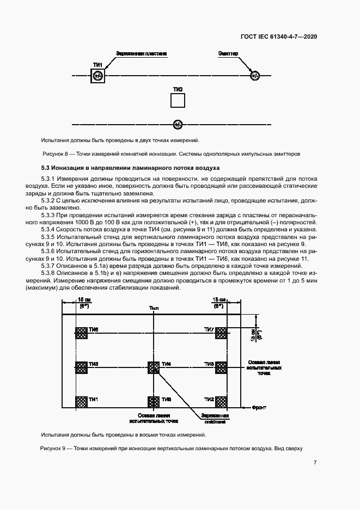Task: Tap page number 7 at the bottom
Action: [x=315, y=463]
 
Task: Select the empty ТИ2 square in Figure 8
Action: [x=178, y=101]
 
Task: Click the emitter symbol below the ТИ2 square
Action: [x=178, y=125]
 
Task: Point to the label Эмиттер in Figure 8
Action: [x=228, y=53]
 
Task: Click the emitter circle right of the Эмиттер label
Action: [x=254, y=76]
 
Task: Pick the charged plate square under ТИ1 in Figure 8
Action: [x=98, y=76]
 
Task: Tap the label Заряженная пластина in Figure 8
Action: [x=141, y=53]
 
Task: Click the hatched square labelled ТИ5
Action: [x=222, y=368]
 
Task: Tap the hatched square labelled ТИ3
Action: [x=82, y=368]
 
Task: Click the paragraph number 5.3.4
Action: [x=50, y=228]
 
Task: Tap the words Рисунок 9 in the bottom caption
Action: [x=53, y=449]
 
